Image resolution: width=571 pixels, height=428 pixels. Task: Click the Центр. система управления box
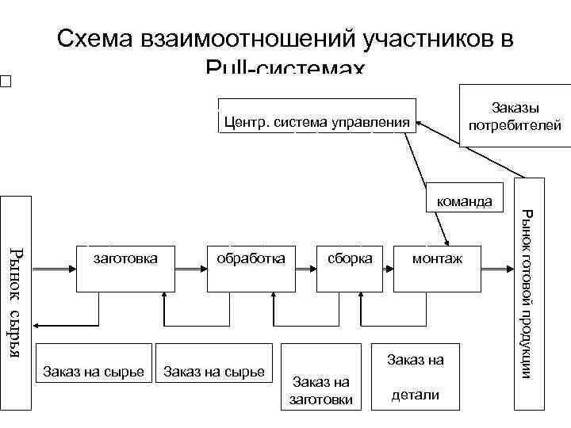tap(317, 121)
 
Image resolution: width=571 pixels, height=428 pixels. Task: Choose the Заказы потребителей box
tap(514, 117)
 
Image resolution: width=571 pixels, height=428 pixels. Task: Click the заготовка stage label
tap(125, 258)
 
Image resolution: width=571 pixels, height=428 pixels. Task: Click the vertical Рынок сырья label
tap(16, 302)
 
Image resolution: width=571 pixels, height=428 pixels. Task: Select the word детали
tap(416, 395)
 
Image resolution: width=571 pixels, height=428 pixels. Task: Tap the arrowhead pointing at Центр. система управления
tap(421, 123)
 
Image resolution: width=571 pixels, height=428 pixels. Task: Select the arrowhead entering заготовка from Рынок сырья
tap(71, 269)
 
